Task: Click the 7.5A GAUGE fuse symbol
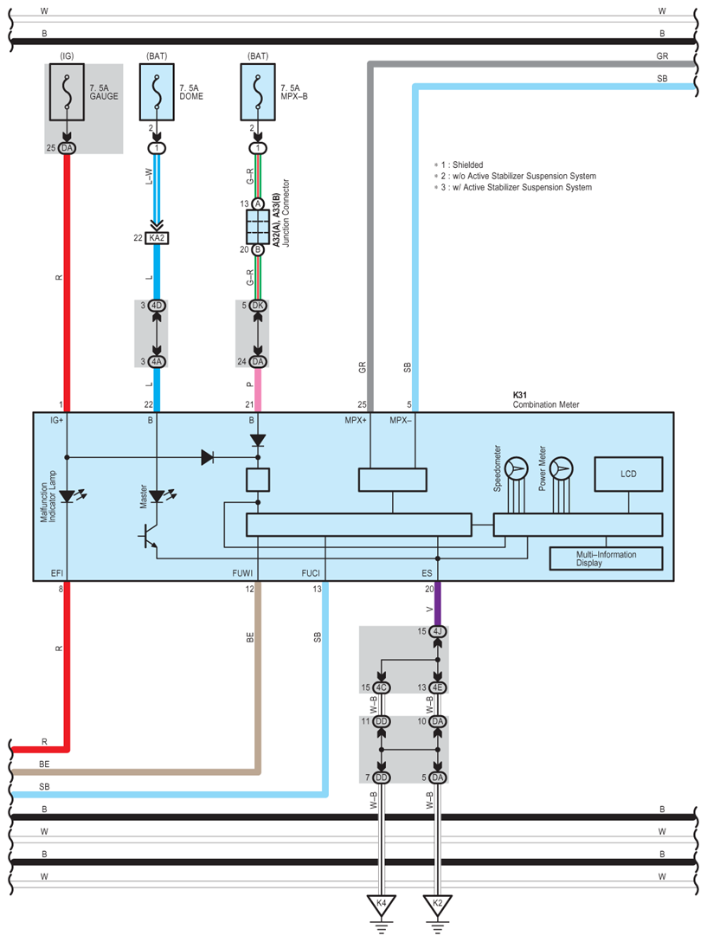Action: (x=67, y=92)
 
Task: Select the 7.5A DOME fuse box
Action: (x=157, y=92)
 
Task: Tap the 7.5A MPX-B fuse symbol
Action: (x=258, y=92)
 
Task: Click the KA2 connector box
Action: (x=157, y=238)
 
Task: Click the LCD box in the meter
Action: (x=628, y=474)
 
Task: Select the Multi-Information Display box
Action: (x=606, y=558)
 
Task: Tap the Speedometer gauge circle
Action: (x=516, y=468)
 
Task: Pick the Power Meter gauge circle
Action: (x=561, y=468)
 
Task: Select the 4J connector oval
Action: (x=437, y=631)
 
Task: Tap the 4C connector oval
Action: (x=381, y=687)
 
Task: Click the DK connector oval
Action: (x=258, y=305)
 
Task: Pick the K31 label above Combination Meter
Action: (x=519, y=395)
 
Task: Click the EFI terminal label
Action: (x=56, y=573)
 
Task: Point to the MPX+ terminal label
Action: (x=356, y=420)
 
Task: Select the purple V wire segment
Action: (x=437, y=603)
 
